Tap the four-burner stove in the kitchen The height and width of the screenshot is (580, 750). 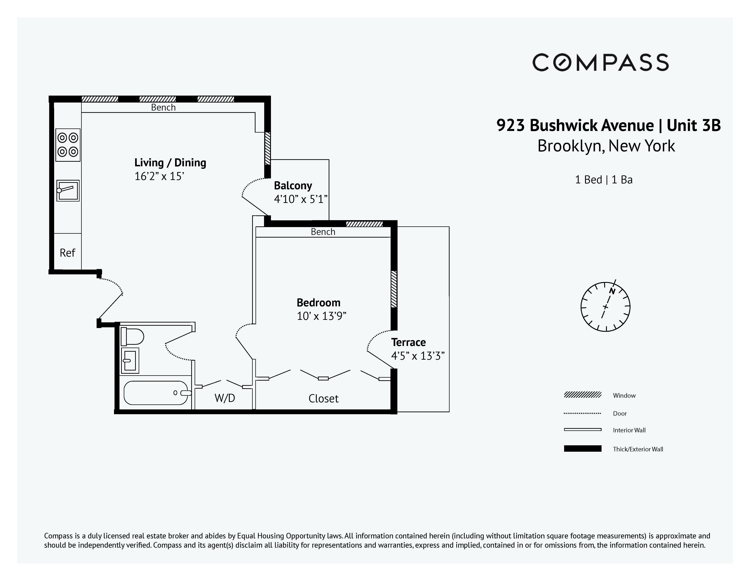pos(68,145)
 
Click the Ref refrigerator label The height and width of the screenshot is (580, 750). pos(67,253)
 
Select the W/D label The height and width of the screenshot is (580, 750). pos(225,398)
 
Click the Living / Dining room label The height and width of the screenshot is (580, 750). pos(170,163)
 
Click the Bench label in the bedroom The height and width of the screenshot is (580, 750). pos(323,232)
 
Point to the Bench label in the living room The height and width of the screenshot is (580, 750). pos(164,108)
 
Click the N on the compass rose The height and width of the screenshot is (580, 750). pos(612,291)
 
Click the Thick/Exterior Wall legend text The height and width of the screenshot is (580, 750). pos(638,449)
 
